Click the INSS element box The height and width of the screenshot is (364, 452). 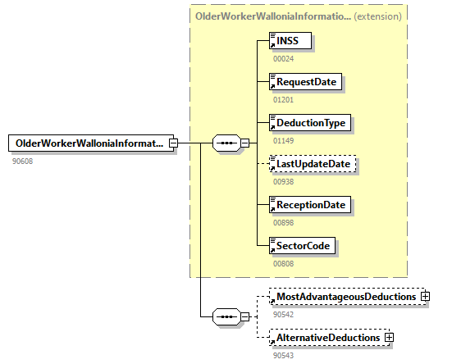292,40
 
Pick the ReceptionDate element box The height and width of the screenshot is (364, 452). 311,204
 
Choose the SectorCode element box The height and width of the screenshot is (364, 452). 304,245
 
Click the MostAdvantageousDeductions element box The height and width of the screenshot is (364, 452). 345,296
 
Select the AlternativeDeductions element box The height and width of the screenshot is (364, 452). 327,337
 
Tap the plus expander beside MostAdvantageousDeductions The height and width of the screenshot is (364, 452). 425,296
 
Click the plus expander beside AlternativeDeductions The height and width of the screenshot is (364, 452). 389,337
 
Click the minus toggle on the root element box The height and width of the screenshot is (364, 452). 173,143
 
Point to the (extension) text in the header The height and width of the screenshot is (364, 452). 377,16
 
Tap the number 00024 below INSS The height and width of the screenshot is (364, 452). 284,58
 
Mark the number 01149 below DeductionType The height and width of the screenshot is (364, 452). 284,140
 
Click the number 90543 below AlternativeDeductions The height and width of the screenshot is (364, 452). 284,355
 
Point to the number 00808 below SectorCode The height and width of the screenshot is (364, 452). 284,263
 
